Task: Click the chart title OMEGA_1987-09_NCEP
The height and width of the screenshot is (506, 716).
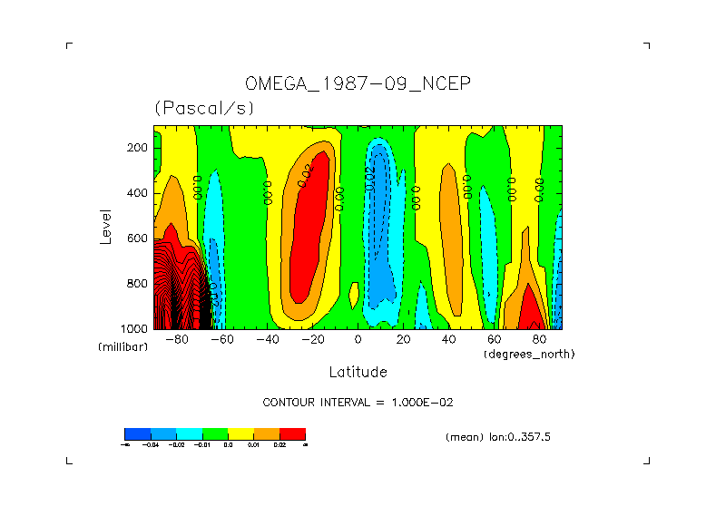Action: (x=358, y=84)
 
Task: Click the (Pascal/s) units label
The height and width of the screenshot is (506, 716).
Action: (x=204, y=108)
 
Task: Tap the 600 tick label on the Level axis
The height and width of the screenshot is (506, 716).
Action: (x=139, y=238)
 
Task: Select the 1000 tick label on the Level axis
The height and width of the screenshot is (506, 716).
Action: (x=135, y=328)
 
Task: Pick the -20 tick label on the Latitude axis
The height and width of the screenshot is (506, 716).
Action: (x=313, y=339)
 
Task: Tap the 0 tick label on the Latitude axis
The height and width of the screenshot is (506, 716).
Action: (x=358, y=339)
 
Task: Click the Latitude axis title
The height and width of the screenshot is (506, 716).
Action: (x=358, y=372)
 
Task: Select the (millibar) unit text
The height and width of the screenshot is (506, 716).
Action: (x=123, y=347)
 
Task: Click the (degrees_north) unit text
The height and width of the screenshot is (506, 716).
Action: (x=529, y=354)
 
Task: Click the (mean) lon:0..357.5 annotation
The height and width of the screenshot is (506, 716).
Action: (x=498, y=437)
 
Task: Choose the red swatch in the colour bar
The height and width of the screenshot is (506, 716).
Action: (x=292, y=433)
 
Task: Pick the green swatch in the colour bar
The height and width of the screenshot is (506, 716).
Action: (x=215, y=433)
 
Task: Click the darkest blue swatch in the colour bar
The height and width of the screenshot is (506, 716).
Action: (x=137, y=433)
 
